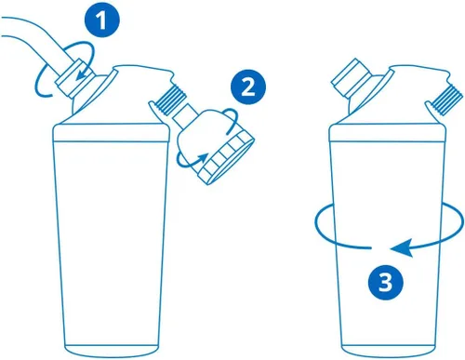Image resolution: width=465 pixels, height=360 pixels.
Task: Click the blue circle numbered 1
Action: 102,20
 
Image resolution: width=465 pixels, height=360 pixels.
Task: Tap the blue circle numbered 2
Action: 248,87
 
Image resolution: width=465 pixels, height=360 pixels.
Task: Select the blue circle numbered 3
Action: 386,282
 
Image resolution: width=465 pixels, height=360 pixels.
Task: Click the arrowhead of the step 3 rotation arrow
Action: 402,247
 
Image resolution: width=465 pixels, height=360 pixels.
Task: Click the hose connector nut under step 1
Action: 74,77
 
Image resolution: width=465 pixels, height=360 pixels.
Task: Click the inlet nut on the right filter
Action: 351,76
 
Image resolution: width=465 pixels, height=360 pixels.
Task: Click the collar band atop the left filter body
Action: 112,133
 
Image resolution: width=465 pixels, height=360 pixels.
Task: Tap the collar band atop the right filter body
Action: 387,133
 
